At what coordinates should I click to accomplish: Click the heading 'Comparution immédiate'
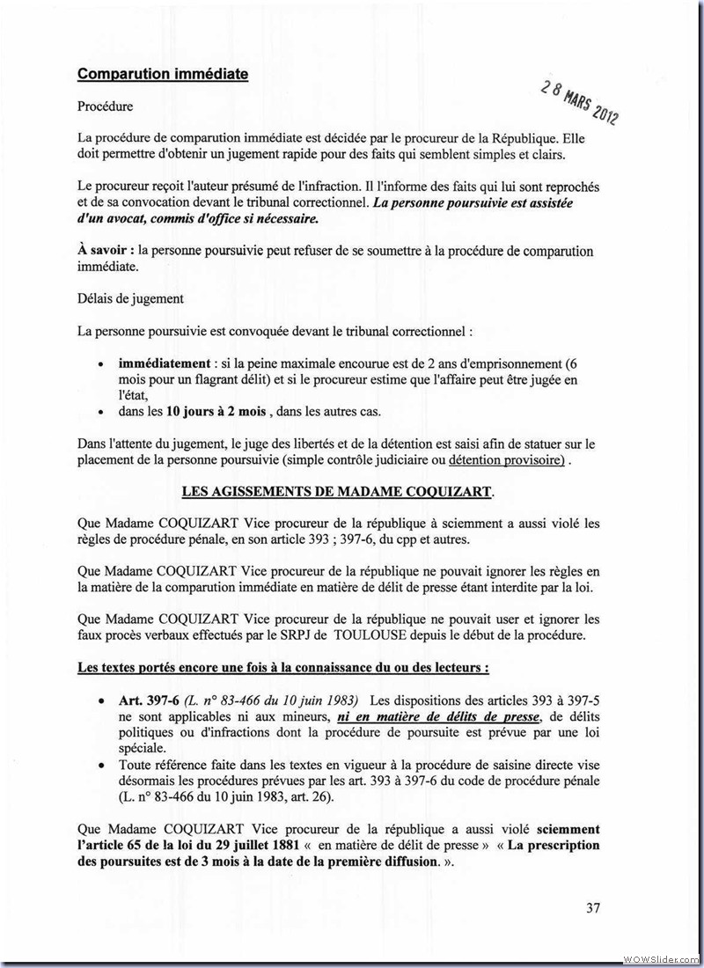tap(163, 74)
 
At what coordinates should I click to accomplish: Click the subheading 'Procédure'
tap(105, 106)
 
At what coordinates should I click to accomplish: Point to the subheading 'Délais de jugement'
tap(130, 298)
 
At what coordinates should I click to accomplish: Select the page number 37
tap(592, 907)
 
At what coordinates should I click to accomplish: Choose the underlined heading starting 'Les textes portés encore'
tap(282, 668)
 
